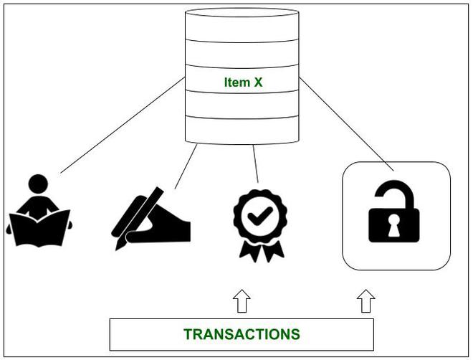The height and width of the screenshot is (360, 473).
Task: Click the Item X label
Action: (242, 82)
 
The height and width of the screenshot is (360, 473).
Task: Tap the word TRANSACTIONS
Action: (242, 334)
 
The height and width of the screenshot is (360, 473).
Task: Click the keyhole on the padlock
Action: (395, 227)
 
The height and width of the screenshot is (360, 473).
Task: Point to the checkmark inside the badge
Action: (260, 213)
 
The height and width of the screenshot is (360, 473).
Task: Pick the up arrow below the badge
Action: (242, 301)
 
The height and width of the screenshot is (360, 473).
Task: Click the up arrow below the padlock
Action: (366, 301)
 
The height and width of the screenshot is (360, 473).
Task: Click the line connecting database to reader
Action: (122, 126)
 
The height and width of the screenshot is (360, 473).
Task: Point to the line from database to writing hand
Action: (186, 166)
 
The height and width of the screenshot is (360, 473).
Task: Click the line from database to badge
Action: (255, 164)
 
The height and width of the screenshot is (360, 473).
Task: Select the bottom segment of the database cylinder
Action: (242, 131)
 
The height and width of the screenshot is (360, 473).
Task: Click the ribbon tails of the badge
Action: (259, 251)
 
